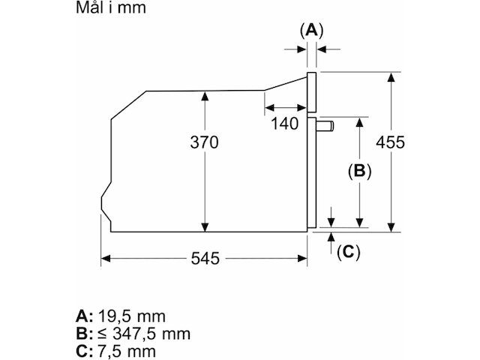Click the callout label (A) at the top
click(311, 30)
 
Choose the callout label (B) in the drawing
click(359, 171)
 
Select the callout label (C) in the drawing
click(347, 252)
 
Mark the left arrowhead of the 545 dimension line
click(106, 259)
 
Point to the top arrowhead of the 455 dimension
click(391, 76)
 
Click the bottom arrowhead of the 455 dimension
click(391, 227)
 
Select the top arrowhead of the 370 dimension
click(204, 95)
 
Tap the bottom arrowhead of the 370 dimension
click(204, 227)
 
